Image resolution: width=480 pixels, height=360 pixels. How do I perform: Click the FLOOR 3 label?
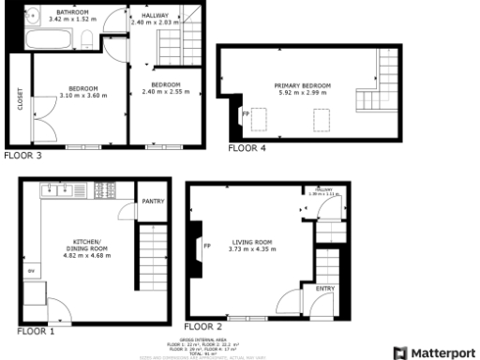pyautogui.click(x=22, y=157)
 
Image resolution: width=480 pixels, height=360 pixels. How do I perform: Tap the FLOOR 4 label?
pyautogui.click(x=247, y=148)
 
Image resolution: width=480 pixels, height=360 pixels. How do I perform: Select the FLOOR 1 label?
pyautogui.click(x=36, y=331)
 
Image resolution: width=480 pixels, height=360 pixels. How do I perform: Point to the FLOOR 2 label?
pyautogui.click(x=203, y=326)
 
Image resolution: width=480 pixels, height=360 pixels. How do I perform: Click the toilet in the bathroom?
pyautogui.click(x=87, y=38)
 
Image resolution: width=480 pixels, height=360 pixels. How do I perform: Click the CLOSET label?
pyautogui.click(x=21, y=99)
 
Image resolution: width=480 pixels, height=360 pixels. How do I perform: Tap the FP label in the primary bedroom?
pyautogui.click(x=247, y=113)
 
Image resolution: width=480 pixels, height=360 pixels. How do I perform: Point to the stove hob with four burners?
pyautogui.click(x=104, y=191)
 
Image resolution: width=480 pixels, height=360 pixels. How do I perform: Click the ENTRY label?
pyautogui.click(x=325, y=288)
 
